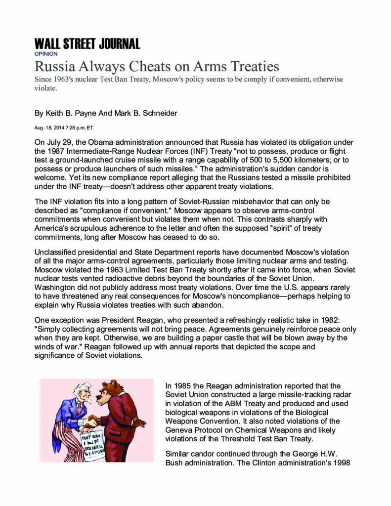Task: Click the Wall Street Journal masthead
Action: tap(87, 43)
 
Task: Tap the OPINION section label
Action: tap(45, 54)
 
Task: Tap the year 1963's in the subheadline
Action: tap(65, 80)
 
